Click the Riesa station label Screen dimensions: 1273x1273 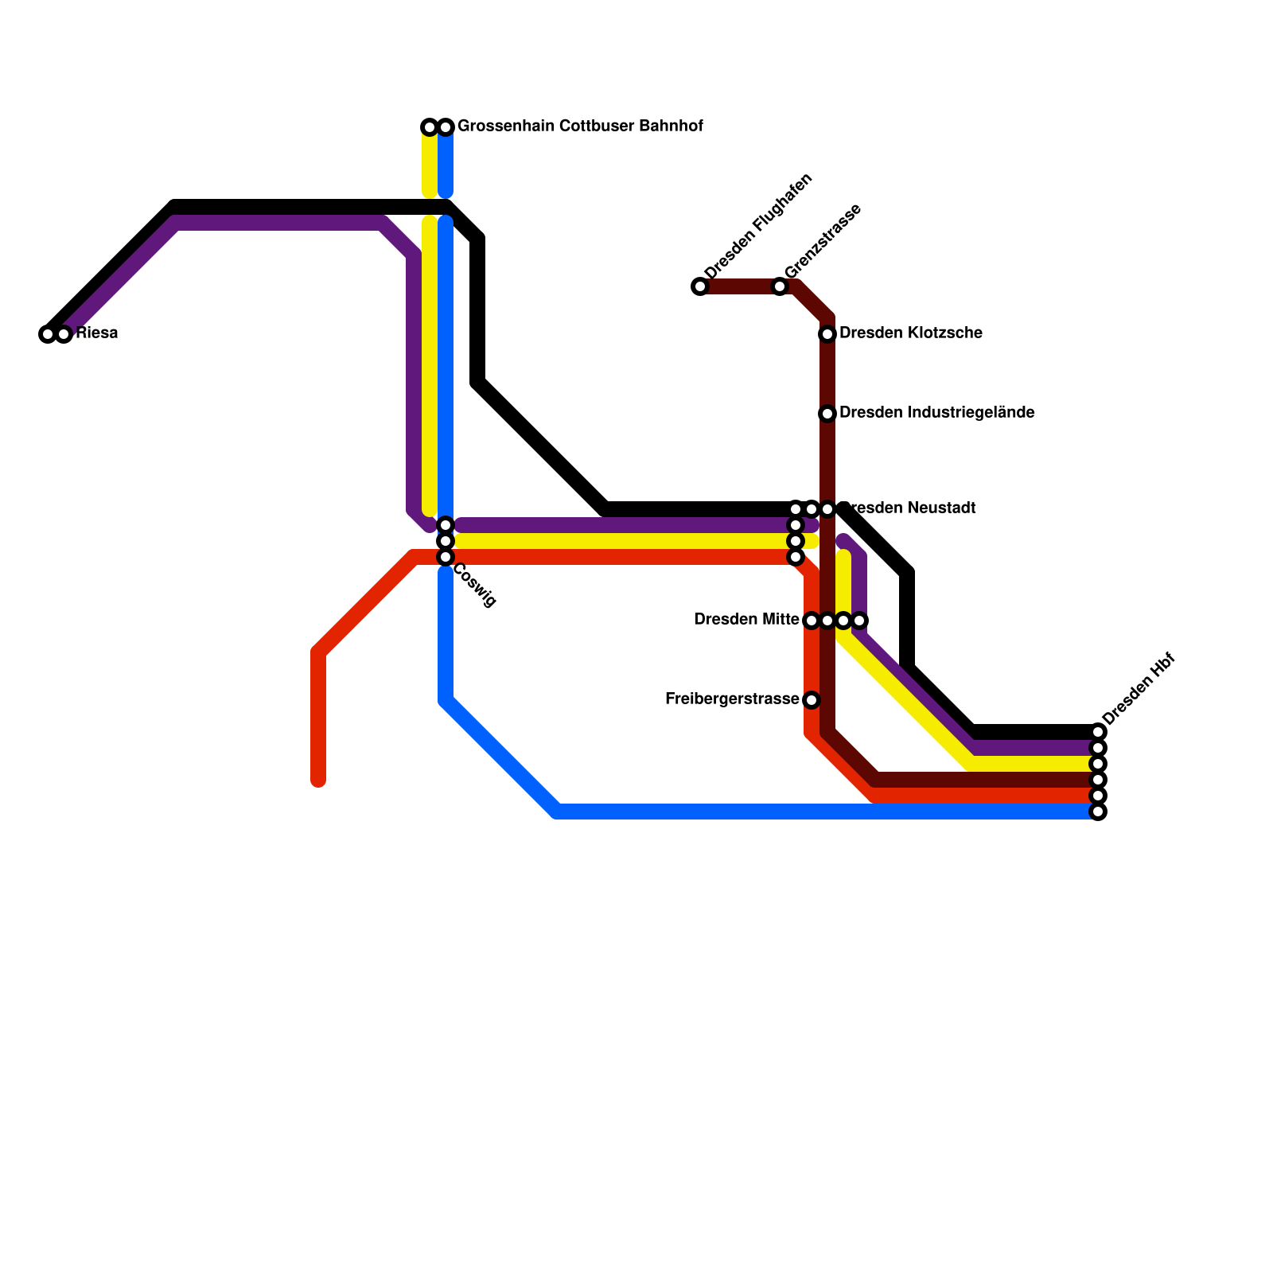(97, 333)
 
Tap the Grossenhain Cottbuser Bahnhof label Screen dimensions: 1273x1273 (580, 127)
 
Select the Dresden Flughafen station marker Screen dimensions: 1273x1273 (700, 286)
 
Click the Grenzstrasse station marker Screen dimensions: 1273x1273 (780, 286)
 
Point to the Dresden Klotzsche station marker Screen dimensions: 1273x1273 (827, 334)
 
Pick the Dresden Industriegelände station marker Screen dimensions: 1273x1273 (827, 414)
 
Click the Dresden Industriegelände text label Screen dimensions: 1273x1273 (936, 413)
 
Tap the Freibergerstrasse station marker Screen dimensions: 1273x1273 (812, 700)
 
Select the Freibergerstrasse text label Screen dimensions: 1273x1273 (732, 699)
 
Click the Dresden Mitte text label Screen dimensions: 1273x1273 (746, 620)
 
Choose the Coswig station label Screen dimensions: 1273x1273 (474, 586)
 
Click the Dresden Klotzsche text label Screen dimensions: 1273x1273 (910, 333)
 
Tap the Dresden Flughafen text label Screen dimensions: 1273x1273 (758, 227)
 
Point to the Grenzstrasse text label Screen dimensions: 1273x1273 (823, 241)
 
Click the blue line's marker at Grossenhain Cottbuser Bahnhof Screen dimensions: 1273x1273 (446, 127)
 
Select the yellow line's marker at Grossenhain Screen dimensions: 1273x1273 (430, 127)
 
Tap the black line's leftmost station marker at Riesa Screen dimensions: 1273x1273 (48, 334)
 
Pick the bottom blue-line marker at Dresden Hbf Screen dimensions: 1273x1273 (1098, 812)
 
